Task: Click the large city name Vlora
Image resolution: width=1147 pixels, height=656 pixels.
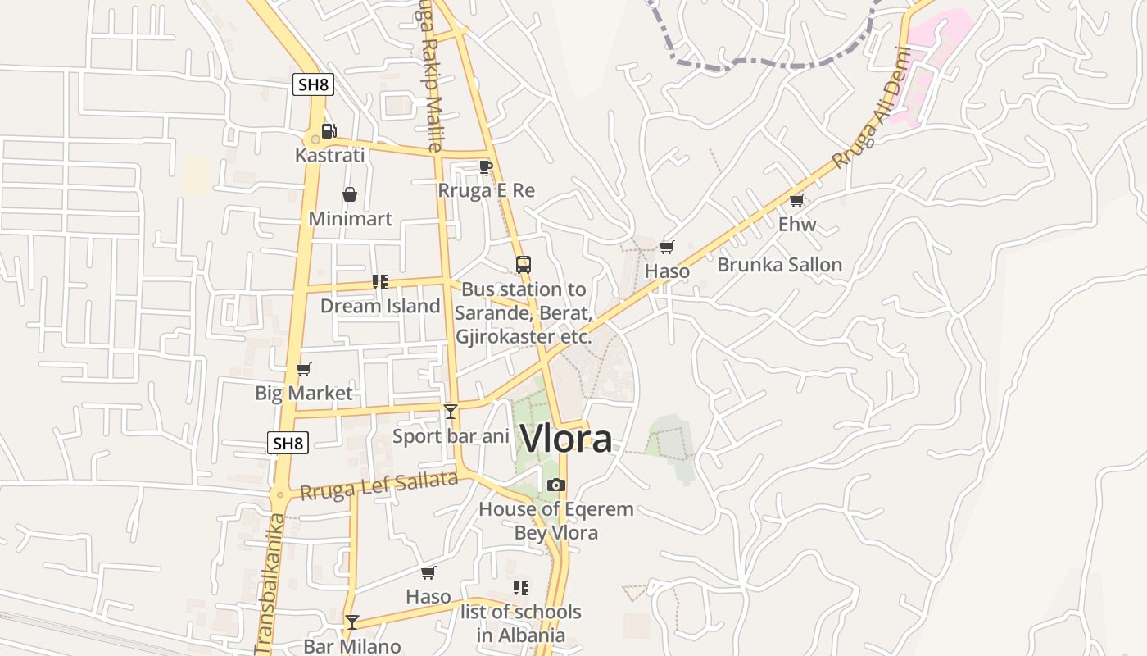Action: [x=566, y=439]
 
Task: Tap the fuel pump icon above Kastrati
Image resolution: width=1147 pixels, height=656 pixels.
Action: [x=329, y=131]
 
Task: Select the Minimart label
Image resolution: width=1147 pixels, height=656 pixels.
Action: [x=350, y=219]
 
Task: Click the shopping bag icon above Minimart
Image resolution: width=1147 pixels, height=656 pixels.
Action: [x=350, y=194]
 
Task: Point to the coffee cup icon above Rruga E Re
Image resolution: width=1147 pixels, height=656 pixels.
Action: [x=486, y=167]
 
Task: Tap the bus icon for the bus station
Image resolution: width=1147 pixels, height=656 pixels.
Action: [x=524, y=265]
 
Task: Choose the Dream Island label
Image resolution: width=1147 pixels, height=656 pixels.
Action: [x=380, y=306]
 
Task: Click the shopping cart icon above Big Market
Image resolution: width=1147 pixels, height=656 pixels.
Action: [x=304, y=369]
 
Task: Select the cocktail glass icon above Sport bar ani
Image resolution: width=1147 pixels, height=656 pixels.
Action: [x=451, y=412]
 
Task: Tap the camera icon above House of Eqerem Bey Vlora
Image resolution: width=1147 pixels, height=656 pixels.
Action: [x=556, y=485]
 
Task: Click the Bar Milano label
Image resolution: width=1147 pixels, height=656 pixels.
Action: [x=352, y=646]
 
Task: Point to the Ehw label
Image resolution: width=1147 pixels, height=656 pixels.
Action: [x=797, y=224]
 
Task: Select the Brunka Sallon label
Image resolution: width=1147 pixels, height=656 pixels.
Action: [x=779, y=265]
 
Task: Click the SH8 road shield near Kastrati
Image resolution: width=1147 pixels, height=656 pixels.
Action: [x=314, y=84]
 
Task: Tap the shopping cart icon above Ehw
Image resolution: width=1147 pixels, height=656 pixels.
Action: [x=796, y=200]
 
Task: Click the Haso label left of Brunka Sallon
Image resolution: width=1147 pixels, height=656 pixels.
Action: [x=667, y=271]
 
